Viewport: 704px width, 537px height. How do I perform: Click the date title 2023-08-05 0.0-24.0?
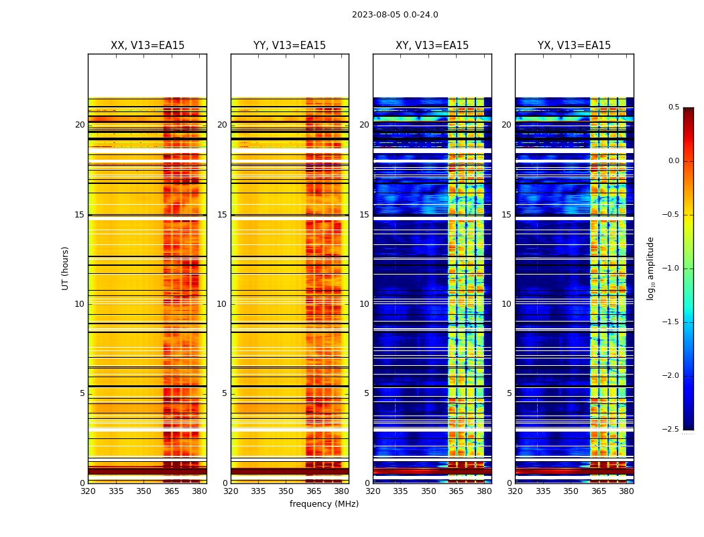[x=395, y=15]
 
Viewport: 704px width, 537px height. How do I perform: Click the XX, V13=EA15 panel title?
[x=148, y=46]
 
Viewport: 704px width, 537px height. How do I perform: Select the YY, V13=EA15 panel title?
[x=290, y=46]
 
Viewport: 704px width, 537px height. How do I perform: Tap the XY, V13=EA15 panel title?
[x=432, y=46]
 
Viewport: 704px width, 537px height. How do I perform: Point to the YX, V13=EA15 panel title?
[x=574, y=46]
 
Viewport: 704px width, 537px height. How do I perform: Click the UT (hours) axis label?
[x=66, y=268]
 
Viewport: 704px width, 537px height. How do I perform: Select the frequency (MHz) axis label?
[x=324, y=504]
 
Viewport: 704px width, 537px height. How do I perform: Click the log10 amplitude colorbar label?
[x=650, y=268]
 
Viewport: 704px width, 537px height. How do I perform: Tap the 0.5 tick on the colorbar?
[x=673, y=107]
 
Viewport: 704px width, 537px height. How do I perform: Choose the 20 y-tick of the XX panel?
[x=80, y=125]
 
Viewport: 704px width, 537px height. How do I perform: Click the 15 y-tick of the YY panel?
[x=222, y=215]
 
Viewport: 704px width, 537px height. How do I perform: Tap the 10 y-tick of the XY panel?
[x=364, y=304]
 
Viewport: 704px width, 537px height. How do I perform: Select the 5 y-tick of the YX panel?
[x=510, y=393]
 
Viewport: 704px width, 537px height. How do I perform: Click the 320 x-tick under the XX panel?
[x=88, y=491]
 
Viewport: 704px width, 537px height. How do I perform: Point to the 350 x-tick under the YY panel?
[x=286, y=491]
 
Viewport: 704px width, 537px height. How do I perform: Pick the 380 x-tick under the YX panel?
[x=626, y=491]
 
